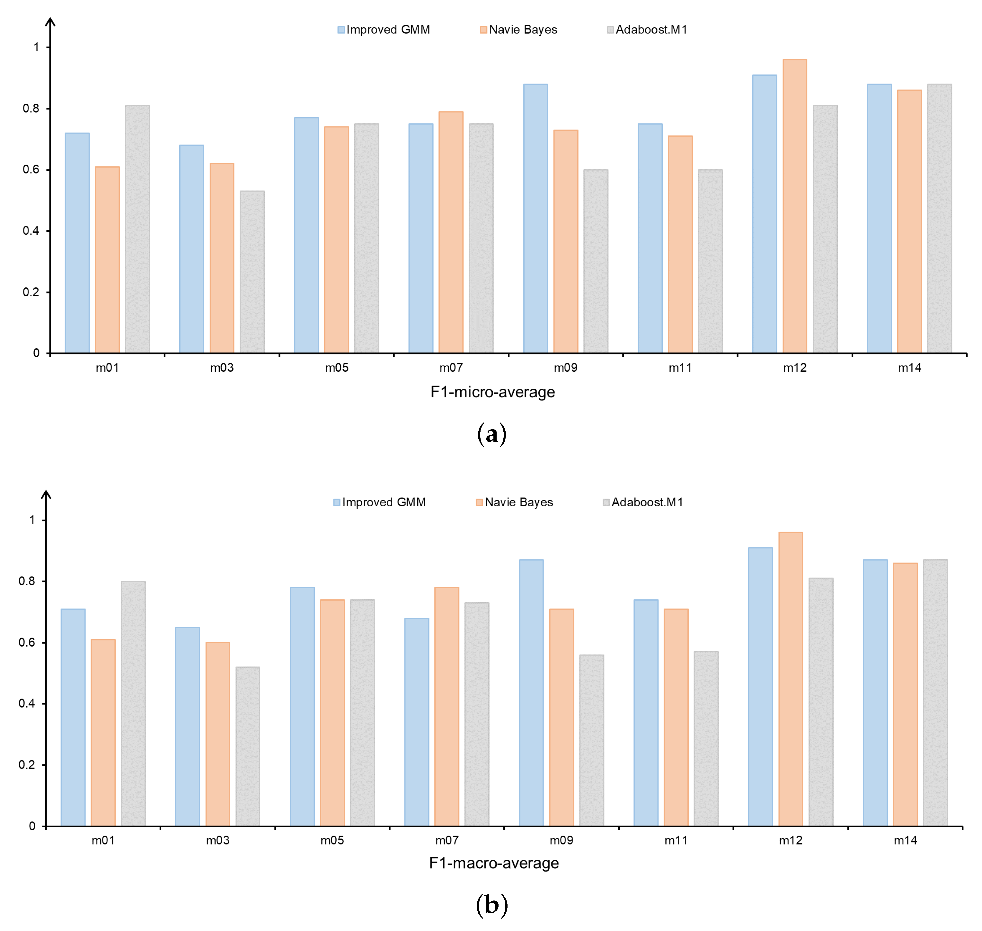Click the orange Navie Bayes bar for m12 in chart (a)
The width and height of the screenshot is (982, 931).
[794, 206]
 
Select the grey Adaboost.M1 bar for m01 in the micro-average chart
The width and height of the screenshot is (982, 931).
[137, 229]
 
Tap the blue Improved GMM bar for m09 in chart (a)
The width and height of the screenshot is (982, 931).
[535, 218]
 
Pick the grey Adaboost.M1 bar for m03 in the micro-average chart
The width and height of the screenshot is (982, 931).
[252, 272]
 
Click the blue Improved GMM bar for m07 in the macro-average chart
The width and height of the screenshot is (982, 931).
[417, 722]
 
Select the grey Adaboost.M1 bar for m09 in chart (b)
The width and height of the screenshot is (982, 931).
[591, 740]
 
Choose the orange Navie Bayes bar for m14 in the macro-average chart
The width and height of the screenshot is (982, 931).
[905, 695]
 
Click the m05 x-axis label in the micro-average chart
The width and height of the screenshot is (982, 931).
[337, 368]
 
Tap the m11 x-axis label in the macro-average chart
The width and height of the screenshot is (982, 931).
[676, 840]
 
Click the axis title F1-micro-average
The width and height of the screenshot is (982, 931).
[492, 392]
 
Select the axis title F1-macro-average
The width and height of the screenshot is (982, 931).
[493, 863]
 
